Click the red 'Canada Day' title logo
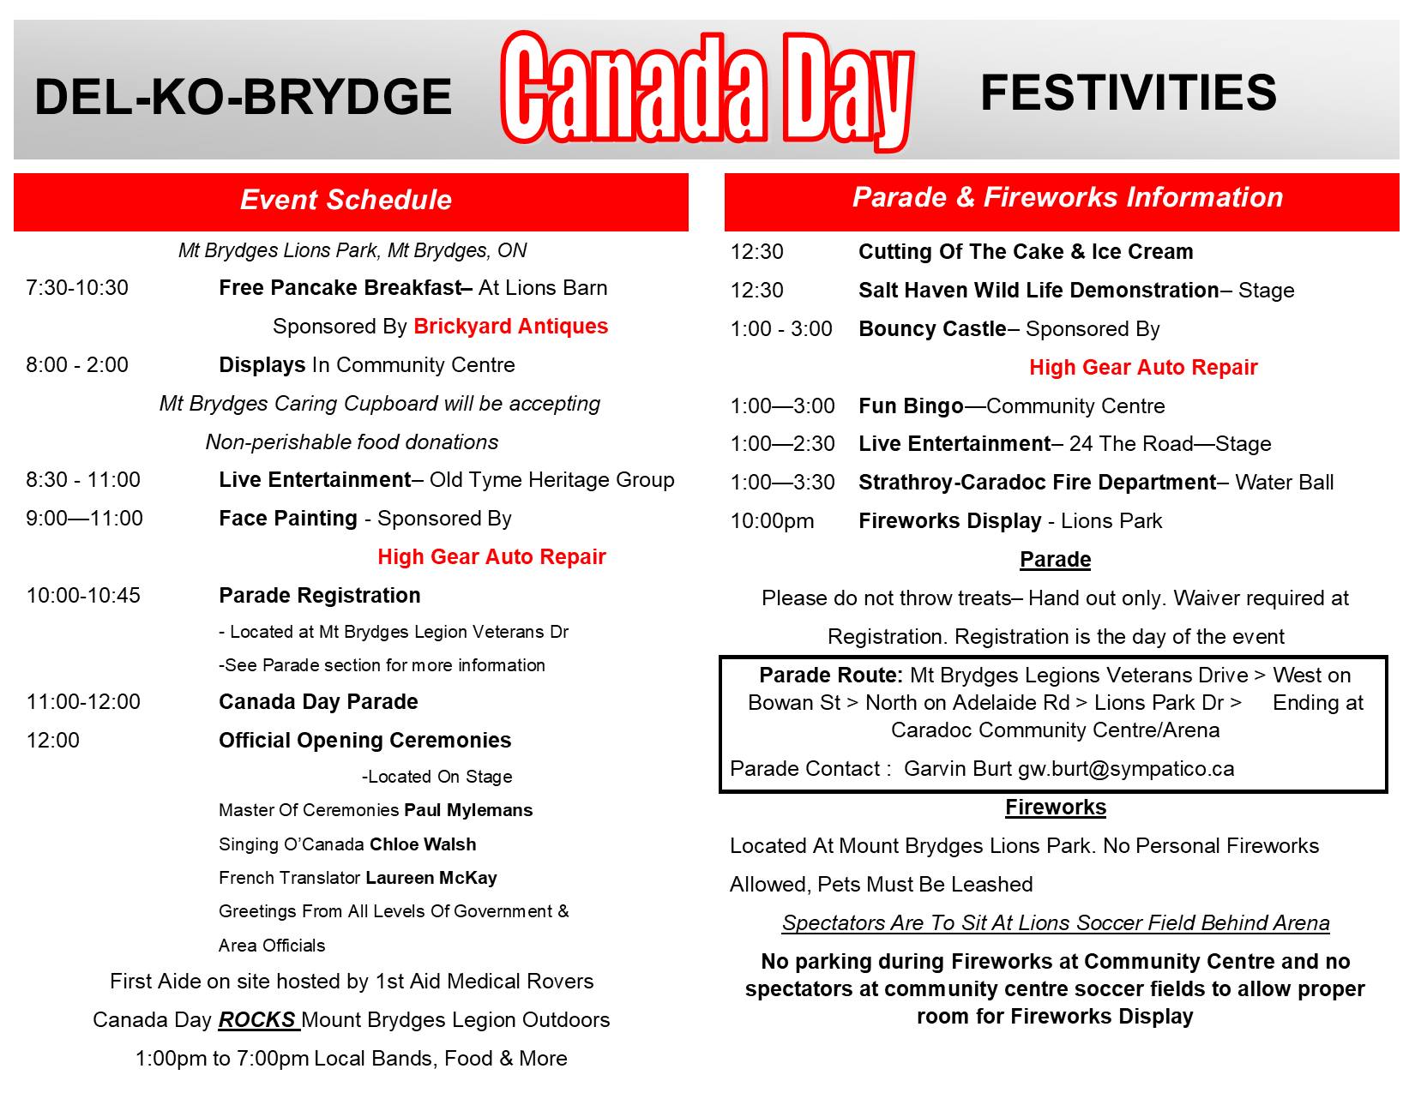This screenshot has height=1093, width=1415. tap(707, 90)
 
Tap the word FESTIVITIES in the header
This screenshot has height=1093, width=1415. tap(1128, 93)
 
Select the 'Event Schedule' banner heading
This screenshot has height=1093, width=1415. tap(346, 200)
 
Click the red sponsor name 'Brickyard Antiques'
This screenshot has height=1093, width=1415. tap(510, 327)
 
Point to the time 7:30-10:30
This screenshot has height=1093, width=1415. tap(77, 288)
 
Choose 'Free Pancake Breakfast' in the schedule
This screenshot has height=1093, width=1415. tap(340, 288)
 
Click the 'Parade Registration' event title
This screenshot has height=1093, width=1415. tap(320, 596)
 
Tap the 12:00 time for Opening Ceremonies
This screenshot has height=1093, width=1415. tap(53, 741)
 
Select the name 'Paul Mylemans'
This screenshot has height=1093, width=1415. tap(468, 810)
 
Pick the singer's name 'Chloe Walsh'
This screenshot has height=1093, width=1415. tap(423, 844)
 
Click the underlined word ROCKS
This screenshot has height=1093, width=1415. tap(256, 1020)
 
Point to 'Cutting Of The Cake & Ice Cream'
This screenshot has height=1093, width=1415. tap(1026, 252)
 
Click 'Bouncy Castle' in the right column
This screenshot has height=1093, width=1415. tap(932, 329)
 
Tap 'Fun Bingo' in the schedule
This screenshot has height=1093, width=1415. tap(911, 406)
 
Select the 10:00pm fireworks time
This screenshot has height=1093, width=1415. tap(772, 521)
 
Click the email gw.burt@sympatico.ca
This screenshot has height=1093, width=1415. tap(1125, 769)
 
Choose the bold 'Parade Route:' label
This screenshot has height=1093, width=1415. tap(830, 676)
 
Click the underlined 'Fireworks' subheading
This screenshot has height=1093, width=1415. tap(1056, 808)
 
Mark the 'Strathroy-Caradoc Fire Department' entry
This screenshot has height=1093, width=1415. tap(1037, 483)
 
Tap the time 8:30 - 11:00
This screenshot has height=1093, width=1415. tap(83, 480)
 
